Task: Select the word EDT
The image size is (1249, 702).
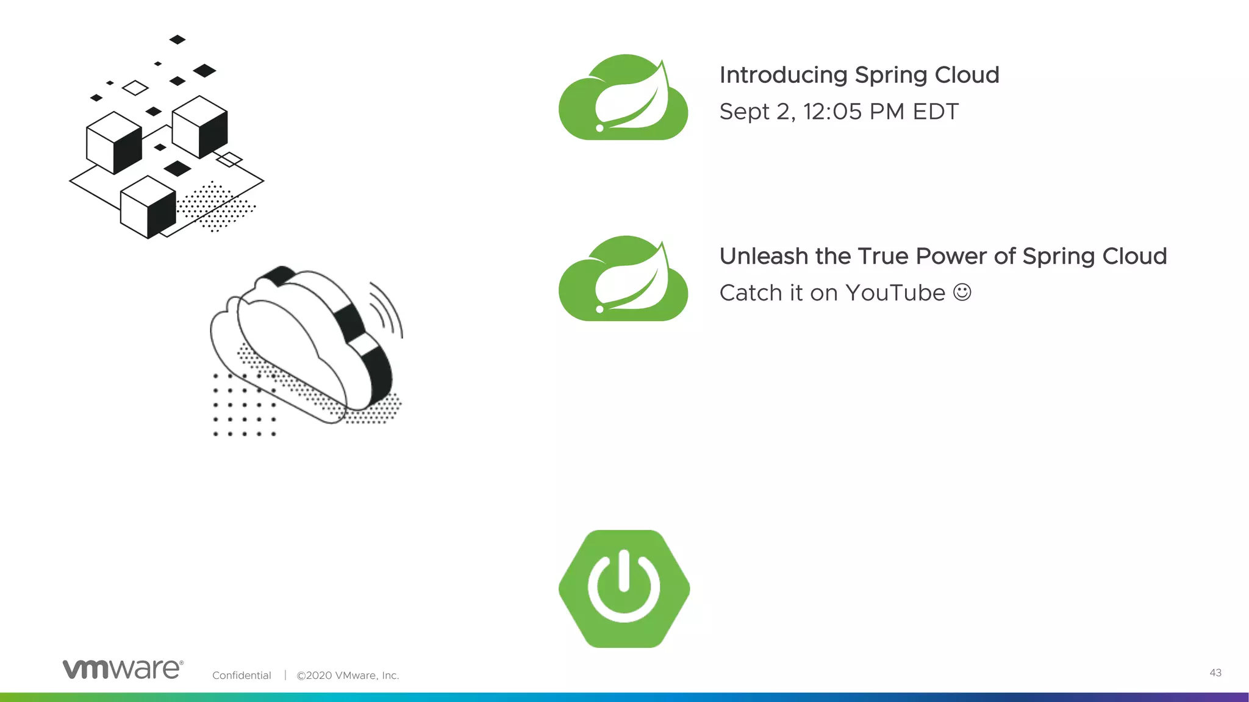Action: coord(936,112)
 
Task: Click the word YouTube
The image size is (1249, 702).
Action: coord(895,293)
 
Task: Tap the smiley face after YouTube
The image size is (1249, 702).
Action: coord(962,292)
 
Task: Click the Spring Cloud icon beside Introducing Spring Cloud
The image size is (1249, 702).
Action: coord(623,97)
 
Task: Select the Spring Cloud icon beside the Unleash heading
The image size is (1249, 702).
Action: coord(623,279)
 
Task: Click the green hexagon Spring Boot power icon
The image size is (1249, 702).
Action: coord(624,589)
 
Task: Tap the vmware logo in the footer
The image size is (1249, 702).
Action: coord(123,669)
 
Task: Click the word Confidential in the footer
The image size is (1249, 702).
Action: coord(242,675)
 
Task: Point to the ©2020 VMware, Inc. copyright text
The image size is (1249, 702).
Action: coord(348,675)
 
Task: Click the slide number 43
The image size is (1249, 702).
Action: coord(1215,673)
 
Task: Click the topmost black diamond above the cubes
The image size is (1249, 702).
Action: coord(177,40)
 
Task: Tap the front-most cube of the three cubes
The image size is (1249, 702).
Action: coord(148,207)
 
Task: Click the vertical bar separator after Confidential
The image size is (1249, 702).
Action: coord(285,675)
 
